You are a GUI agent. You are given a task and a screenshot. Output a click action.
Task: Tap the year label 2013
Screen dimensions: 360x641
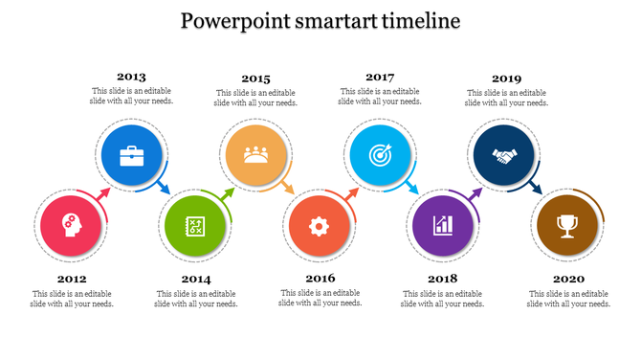point(131,76)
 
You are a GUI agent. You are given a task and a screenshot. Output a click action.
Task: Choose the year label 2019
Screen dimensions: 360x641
point(506,78)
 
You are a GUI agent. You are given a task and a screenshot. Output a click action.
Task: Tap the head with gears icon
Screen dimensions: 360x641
point(71,224)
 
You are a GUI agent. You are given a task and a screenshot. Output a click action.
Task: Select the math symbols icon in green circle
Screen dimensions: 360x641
point(194,226)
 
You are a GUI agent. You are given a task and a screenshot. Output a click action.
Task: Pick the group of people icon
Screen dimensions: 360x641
point(255,154)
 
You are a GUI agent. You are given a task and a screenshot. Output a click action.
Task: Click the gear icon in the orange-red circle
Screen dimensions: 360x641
point(319,226)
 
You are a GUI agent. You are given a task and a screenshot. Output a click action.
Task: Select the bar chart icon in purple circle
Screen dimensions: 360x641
point(442,226)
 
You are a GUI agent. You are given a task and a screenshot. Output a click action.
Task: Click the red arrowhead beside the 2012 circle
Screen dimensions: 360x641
point(104,195)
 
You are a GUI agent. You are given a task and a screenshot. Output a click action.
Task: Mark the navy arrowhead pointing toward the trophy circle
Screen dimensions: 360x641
point(537,189)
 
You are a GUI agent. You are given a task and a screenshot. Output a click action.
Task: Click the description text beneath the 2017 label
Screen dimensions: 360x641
point(380,96)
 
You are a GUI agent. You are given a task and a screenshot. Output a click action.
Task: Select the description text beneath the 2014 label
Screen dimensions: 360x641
point(195,299)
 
